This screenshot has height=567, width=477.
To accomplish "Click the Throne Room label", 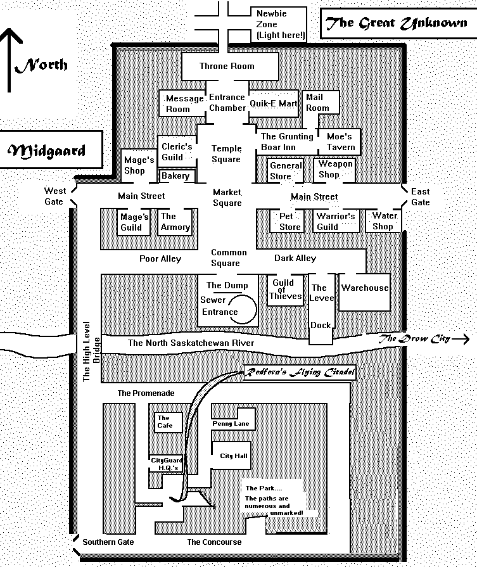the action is pos(227,66).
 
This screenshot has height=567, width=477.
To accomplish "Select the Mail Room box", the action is pos(321,103).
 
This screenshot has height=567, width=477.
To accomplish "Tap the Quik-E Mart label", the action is pos(274,103).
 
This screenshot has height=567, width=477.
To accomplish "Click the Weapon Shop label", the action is pos(335,169).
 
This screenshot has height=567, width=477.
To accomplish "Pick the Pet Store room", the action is pos(287,220).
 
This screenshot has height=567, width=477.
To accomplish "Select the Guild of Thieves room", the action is pos(285,290).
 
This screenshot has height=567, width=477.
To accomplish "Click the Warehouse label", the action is pos(365,288).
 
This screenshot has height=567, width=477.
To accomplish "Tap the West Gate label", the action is pos(55,196).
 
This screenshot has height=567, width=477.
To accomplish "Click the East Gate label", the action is pos(420,197).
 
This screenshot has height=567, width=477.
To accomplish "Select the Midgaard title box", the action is pos(50,150).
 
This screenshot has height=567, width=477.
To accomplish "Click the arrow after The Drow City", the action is pos(461,339).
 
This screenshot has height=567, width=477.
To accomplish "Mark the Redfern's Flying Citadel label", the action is pos(300,373).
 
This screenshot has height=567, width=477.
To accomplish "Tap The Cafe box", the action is pos(168,423).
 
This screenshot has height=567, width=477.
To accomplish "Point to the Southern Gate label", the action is pos(108,542).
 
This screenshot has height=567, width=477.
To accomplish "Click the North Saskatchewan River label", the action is pos(191,343).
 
